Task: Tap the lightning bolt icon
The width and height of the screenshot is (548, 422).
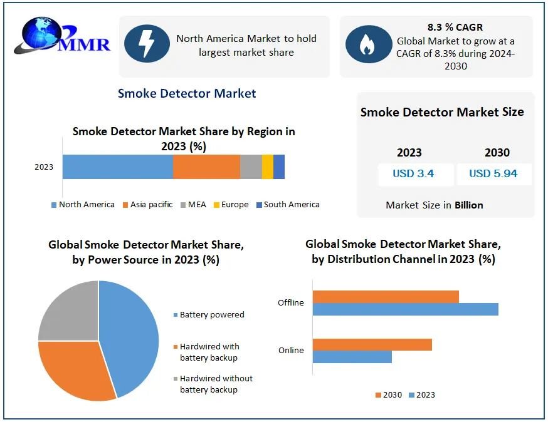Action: (x=145, y=45)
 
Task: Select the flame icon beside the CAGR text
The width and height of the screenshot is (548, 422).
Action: (x=366, y=44)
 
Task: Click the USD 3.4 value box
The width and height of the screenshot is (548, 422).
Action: (x=413, y=174)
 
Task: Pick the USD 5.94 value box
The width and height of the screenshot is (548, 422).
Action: (x=493, y=174)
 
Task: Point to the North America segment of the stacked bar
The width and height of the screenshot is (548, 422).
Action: (x=117, y=167)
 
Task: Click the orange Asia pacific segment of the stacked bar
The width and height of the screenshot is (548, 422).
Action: (x=206, y=167)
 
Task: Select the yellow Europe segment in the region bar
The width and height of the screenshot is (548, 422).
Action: (x=267, y=167)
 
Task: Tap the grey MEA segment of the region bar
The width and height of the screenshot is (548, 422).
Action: (x=251, y=167)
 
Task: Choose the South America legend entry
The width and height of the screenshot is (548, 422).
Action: (x=288, y=205)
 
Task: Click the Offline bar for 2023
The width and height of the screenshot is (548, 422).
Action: (x=405, y=309)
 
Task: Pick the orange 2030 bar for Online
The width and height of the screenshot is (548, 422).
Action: (x=372, y=344)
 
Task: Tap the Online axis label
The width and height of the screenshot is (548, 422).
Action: (x=291, y=350)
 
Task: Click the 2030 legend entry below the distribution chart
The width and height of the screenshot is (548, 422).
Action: (x=389, y=395)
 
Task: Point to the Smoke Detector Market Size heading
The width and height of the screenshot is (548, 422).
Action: (x=442, y=112)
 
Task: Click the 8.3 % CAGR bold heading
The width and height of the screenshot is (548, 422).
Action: (x=455, y=27)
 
